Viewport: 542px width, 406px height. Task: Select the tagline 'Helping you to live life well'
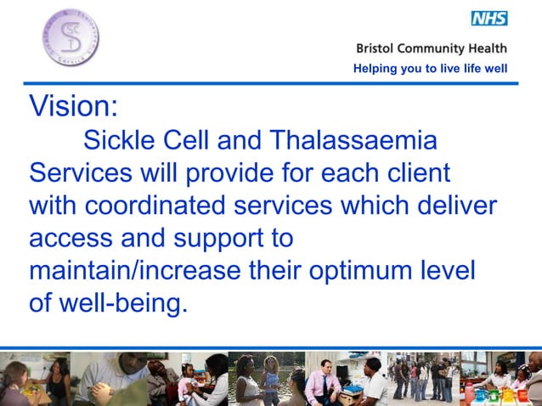pos(430,69)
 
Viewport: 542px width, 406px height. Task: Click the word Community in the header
pos(438,48)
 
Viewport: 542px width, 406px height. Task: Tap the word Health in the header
pos(488,48)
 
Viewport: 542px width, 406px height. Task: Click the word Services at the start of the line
pos(80,172)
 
